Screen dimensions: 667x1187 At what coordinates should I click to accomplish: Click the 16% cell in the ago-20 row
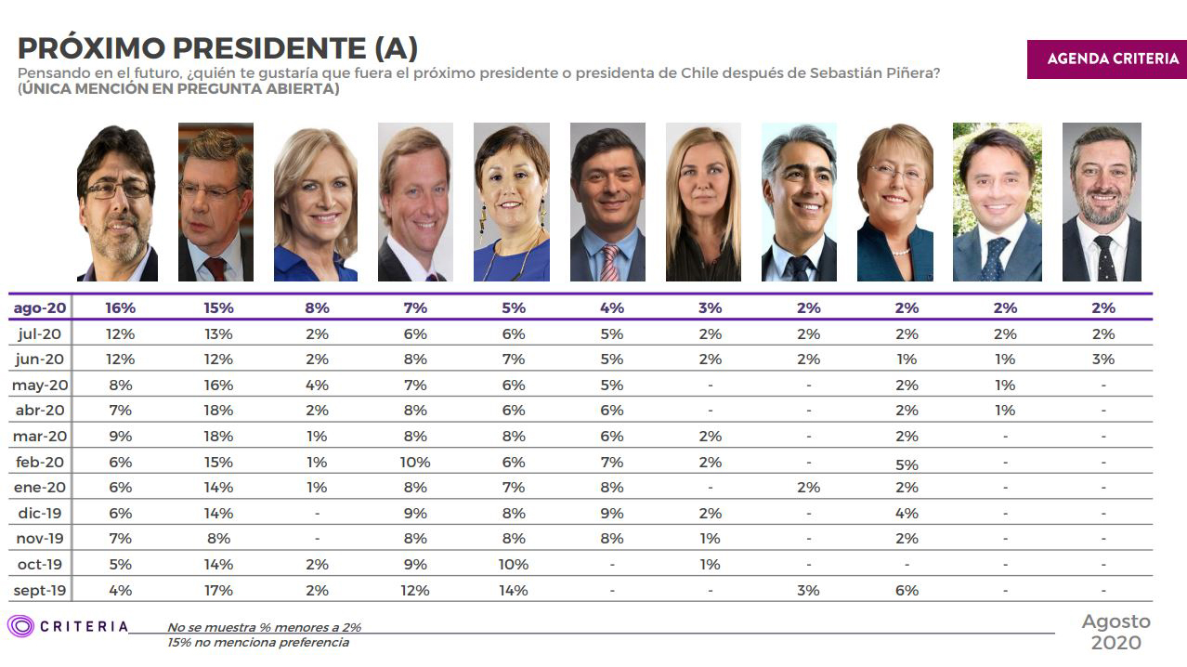pos(120,308)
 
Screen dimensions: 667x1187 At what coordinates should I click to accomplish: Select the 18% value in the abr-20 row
pos(219,411)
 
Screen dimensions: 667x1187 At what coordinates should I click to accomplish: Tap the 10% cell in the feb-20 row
pos(414,462)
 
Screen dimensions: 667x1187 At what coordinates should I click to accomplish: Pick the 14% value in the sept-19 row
pos(513,590)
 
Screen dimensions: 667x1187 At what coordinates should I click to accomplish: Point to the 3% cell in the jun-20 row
pos(1102,360)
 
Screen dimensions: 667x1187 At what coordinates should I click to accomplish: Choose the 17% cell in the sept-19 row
pos(219,590)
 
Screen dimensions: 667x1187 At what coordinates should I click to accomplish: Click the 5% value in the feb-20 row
pos(907,464)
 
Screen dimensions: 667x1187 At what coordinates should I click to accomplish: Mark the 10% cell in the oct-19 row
pos(513,565)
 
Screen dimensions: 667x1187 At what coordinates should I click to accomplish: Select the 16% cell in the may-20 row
pos(219,386)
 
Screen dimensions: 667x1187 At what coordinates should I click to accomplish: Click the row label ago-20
pos(39,308)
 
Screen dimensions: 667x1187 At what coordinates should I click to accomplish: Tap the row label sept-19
pos(39,590)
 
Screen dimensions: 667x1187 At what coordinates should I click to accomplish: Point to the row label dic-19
pos(39,513)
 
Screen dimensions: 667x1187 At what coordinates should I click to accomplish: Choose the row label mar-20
pos(39,437)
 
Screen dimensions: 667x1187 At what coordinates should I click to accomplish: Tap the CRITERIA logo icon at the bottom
pos(20,626)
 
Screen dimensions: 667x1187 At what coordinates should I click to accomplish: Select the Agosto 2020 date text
pos(1115,632)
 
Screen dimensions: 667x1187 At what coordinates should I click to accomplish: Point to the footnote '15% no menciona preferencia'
pos(258,642)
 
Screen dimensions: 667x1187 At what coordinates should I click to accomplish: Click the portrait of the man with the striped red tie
pos(607,203)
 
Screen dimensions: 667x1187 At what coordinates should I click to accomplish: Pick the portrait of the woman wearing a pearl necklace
pos(894,203)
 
